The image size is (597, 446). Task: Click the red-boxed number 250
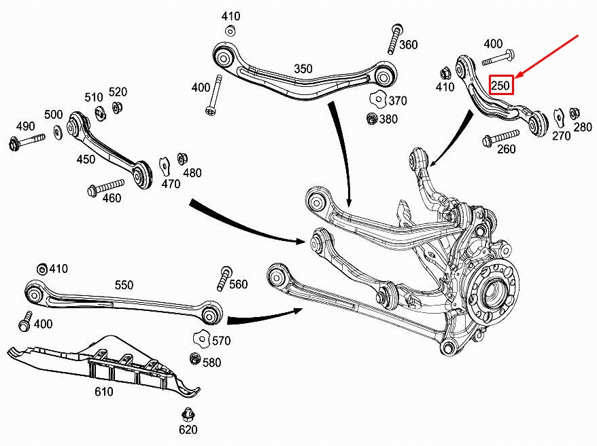(501, 85)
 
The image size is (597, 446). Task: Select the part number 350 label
(303, 69)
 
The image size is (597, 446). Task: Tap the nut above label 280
(573, 113)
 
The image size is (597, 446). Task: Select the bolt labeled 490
(27, 141)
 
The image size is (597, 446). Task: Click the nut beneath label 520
(116, 108)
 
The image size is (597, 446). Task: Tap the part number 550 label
(124, 285)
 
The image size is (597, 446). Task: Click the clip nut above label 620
(188, 413)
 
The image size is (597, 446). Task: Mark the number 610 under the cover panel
(103, 392)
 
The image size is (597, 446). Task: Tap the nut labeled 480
(182, 159)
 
